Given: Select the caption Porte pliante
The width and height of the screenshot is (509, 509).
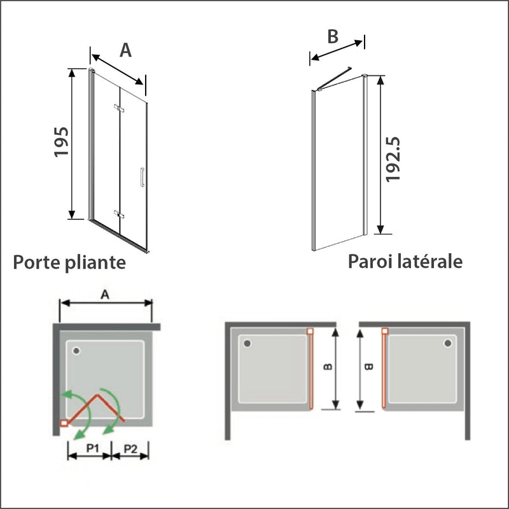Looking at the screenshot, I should coord(69,262).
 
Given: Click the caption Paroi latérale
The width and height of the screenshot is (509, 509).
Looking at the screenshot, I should coord(405,261).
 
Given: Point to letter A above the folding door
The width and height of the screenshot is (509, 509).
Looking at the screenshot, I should coord(126,50).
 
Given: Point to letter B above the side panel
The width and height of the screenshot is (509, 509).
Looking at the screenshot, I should coord(332,36).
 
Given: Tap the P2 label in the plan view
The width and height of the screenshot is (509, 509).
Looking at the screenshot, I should coord(131,449).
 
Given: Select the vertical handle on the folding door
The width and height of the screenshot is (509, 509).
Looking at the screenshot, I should coord(142,178).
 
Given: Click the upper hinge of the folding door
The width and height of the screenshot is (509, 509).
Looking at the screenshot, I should coord(116,108).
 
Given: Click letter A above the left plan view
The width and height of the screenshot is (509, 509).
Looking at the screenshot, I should coord(105,294).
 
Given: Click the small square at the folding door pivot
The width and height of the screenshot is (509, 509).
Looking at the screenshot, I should coord(64,422).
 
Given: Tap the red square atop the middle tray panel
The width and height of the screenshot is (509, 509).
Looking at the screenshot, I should coord(310,331).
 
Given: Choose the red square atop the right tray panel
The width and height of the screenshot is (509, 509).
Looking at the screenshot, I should coord(384,331).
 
